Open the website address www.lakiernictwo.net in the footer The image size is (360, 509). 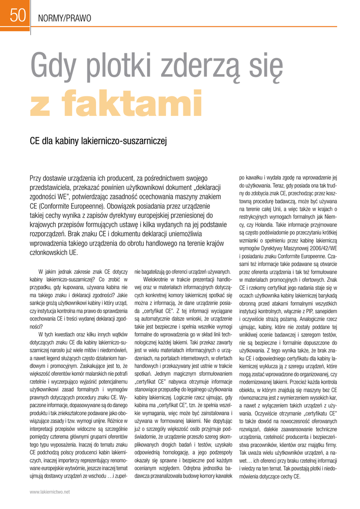[x=50, y=491]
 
